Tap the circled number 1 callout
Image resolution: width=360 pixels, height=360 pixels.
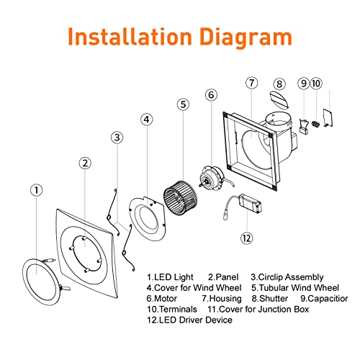(36, 190)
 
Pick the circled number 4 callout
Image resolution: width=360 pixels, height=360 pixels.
(147, 120)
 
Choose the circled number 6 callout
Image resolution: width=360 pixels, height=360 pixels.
(212, 94)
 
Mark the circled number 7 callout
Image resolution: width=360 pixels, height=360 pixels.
(251, 83)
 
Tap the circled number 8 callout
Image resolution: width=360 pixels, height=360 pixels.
(279, 84)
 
